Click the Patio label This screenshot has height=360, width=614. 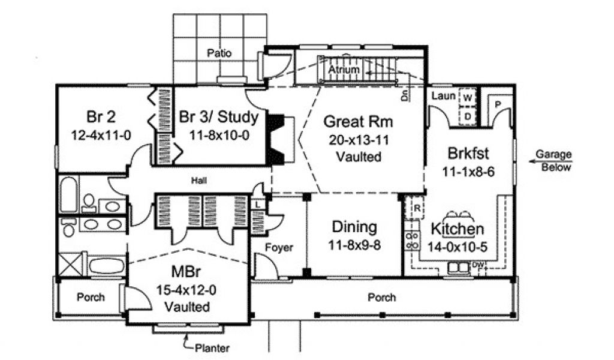[x=219, y=53]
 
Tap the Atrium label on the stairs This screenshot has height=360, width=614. [x=344, y=70]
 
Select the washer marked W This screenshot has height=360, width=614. [x=467, y=98]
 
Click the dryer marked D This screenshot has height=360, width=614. [x=467, y=116]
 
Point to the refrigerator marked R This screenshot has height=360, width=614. [x=417, y=208]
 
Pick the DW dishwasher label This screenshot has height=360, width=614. [x=478, y=265]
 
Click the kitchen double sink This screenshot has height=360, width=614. [x=458, y=267]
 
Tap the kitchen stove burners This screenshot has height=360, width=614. [x=411, y=241]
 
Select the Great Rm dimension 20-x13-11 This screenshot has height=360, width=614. [x=359, y=140]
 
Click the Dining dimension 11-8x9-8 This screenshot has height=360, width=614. [x=354, y=245]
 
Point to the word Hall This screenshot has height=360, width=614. [x=199, y=181]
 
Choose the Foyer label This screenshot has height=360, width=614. [x=279, y=248]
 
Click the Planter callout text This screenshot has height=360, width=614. [x=212, y=348]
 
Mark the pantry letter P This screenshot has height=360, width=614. [x=498, y=104]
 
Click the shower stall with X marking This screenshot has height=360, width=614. [x=70, y=265]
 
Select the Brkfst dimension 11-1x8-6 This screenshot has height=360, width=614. [x=468, y=172]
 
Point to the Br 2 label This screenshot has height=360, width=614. [x=101, y=117]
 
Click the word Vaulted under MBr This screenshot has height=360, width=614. [x=187, y=307]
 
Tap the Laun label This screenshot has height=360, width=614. [x=443, y=95]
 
